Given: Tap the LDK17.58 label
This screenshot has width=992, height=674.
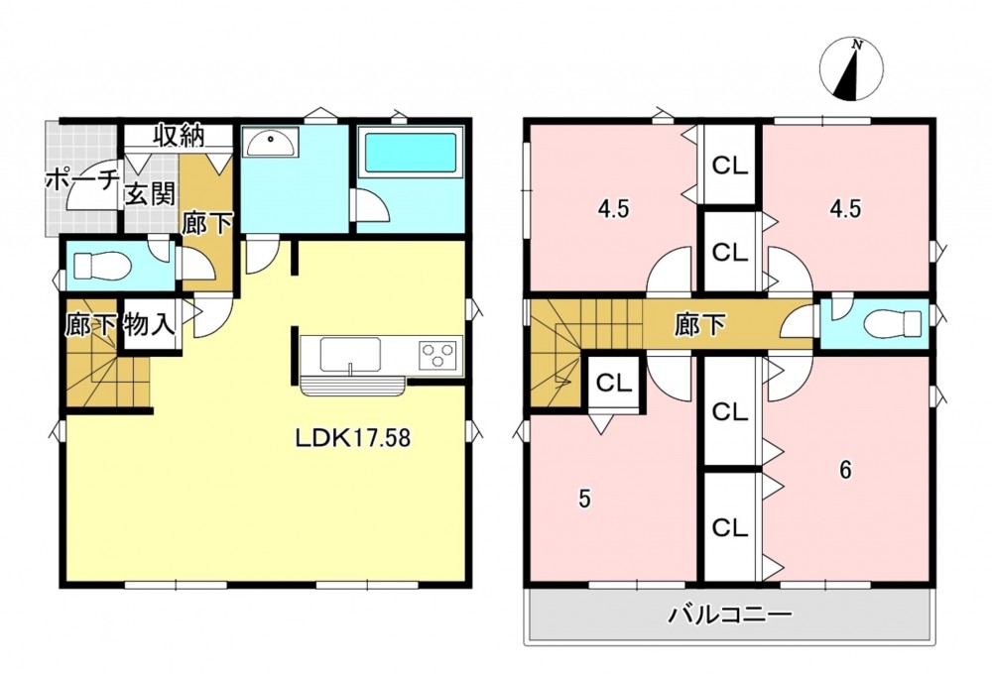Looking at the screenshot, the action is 353,437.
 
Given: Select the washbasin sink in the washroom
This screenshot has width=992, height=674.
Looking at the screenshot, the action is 272,144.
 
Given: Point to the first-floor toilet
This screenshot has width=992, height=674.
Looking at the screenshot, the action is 101,265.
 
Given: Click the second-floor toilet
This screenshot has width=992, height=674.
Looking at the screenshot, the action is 893,324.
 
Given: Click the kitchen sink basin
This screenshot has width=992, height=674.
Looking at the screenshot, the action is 350,355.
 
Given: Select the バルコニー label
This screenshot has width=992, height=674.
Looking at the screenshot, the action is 729,615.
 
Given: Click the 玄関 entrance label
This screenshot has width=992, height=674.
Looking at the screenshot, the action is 150,194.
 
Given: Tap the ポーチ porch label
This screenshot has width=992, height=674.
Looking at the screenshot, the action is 82,180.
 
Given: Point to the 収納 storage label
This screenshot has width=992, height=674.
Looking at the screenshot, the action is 181,136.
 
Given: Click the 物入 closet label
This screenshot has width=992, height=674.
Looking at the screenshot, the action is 150,325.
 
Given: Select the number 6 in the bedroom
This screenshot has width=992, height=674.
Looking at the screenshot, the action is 845,470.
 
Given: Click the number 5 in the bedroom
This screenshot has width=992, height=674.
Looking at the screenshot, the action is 585,500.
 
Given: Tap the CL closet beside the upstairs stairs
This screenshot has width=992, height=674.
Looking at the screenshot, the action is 614,383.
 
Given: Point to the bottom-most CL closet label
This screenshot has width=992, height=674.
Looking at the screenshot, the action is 730,527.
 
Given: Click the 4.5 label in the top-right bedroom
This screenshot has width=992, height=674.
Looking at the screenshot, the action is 845,209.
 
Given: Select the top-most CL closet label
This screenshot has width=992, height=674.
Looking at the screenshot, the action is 730,166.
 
